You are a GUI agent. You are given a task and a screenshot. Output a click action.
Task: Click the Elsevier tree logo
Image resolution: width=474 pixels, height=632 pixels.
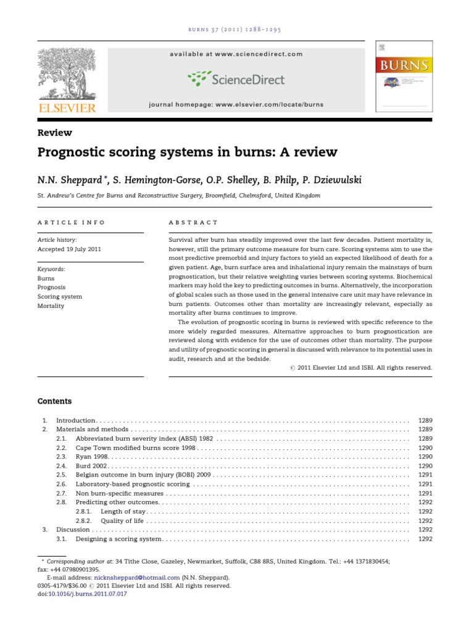pyautogui.click(x=67, y=75)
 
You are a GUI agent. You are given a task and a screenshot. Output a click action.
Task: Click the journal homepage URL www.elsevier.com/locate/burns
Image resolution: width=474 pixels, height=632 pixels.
pyautogui.click(x=267, y=104)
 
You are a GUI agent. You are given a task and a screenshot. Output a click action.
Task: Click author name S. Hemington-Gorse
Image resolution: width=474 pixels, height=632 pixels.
pyautogui.click(x=156, y=180)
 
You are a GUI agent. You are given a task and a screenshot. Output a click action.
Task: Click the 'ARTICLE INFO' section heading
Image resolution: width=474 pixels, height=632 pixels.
pyautogui.click(x=72, y=222)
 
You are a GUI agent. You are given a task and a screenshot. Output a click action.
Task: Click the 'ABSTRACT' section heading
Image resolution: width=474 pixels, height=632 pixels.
pyautogui.click(x=193, y=222)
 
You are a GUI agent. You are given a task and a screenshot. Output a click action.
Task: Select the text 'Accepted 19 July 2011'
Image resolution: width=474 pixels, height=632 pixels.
pyautogui.click(x=69, y=249)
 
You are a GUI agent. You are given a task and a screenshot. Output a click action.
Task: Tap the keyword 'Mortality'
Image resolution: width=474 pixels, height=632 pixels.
pyautogui.click(x=51, y=306)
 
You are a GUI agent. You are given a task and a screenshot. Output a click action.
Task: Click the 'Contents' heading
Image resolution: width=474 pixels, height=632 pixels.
pyautogui.click(x=54, y=401)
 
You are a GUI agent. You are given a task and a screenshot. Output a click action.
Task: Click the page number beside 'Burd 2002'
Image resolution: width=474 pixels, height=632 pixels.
pyautogui.click(x=425, y=465)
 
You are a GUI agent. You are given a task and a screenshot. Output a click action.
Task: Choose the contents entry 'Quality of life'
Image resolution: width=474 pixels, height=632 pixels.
pyautogui.click(x=123, y=520)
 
